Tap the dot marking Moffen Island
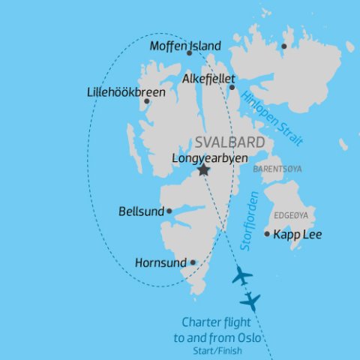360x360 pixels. pos(189,53)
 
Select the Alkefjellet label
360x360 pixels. pos(209,78)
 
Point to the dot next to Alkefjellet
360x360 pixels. pos(232,87)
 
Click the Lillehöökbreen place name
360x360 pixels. pos(126,92)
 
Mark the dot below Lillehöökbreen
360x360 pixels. pos(146,101)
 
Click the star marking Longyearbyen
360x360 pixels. pos(203,170)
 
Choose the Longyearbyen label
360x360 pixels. pos(210,158)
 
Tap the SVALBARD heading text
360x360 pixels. pos(229,142)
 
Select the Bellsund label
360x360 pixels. pos(141,211)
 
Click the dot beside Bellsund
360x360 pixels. pos(169,211)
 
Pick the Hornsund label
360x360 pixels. pos(160,263)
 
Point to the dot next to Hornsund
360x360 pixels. pos(193,262)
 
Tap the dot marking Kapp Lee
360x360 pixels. pos(267,234)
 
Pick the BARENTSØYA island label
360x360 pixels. pos(277,169)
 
